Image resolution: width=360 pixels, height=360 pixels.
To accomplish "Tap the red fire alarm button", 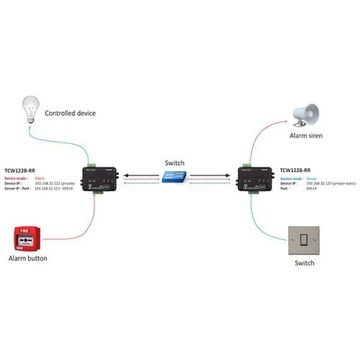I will (27, 238).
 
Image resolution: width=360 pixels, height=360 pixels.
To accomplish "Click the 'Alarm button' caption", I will (28, 258).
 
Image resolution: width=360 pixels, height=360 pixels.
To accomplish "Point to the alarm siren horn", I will (305, 113).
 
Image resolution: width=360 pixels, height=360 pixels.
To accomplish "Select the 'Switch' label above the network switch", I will (174, 162).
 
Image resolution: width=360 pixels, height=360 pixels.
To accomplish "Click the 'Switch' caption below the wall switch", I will (305, 264).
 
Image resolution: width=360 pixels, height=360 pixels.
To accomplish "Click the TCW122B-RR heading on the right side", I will (296, 170).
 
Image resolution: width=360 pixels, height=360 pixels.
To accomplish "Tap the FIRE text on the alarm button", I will (24, 230).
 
